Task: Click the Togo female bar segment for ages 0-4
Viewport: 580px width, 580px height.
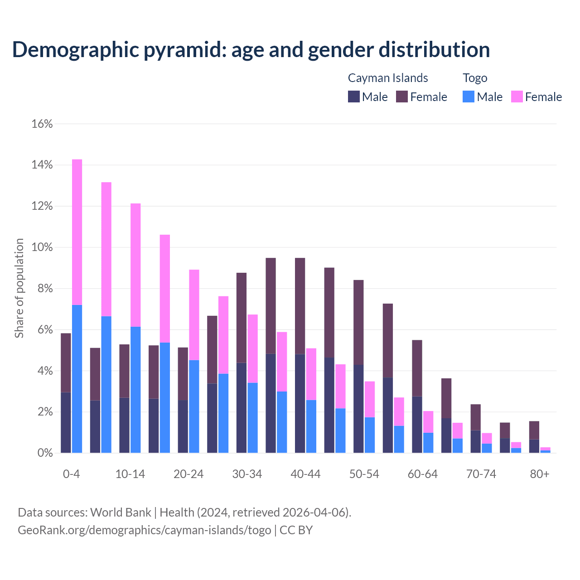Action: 77,232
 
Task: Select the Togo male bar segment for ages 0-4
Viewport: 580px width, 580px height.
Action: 77,379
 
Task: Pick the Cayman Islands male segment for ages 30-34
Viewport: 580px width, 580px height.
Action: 242,408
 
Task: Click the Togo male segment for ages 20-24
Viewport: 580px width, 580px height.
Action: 194,406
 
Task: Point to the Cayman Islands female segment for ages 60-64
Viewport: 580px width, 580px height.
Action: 417,368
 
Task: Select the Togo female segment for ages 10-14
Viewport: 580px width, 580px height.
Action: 135,265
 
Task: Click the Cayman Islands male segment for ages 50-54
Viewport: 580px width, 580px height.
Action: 358,409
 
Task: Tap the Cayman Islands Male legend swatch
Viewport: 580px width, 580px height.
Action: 354,97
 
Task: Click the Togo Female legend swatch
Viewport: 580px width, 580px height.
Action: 517,97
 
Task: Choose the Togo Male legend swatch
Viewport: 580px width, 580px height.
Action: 469,97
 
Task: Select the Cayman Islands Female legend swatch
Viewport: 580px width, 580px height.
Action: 402,97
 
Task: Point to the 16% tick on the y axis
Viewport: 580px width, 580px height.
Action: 42,124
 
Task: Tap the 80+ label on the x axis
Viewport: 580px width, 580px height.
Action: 540,474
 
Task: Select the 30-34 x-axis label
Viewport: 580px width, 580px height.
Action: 247,474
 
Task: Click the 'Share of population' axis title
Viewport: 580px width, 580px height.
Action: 19,288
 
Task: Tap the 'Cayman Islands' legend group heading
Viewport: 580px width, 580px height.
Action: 388,78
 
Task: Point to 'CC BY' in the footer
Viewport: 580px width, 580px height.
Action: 296,530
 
